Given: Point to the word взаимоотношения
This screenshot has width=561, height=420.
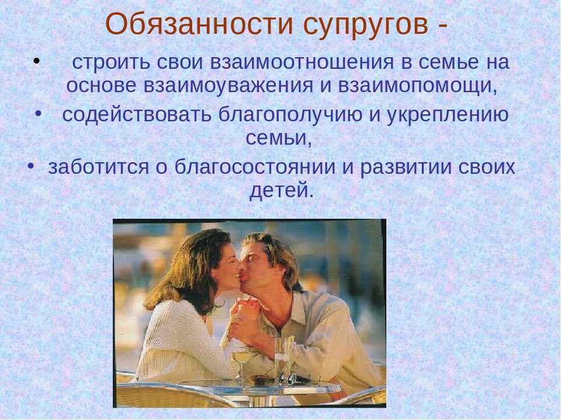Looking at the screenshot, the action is [302, 62].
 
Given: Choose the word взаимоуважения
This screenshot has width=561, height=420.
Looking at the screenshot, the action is [228, 86].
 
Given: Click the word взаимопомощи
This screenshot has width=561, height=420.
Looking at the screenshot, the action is [417, 86].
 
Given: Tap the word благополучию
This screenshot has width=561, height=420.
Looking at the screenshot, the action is [290, 115].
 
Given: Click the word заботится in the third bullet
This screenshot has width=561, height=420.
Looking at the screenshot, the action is [98, 167].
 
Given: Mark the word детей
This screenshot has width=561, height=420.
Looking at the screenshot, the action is [281, 190].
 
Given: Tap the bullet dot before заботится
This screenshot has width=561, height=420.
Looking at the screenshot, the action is [30, 166].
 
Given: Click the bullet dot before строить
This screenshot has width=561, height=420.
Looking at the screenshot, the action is [36, 61].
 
